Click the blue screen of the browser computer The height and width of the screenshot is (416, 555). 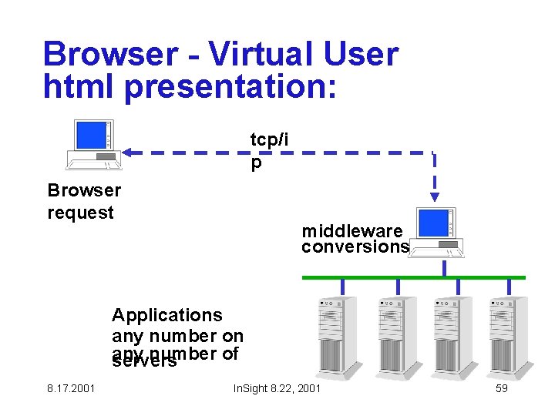click(x=89, y=136)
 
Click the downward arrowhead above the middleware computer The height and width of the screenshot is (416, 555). click(x=435, y=196)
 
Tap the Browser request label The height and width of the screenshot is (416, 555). click(x=84, y=201)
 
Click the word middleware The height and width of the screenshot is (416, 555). click(x=351, y=231)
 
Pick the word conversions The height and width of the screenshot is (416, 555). click(x=355, y=247)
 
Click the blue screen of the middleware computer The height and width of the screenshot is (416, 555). click(x=432, y=223)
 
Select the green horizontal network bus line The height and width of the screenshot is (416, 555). click(x=413, y=277)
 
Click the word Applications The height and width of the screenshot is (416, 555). click(x=166, y=315)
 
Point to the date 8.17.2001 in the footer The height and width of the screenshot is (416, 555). click(x=70, y=388)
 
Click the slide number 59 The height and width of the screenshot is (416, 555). click(x=501, y=388)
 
